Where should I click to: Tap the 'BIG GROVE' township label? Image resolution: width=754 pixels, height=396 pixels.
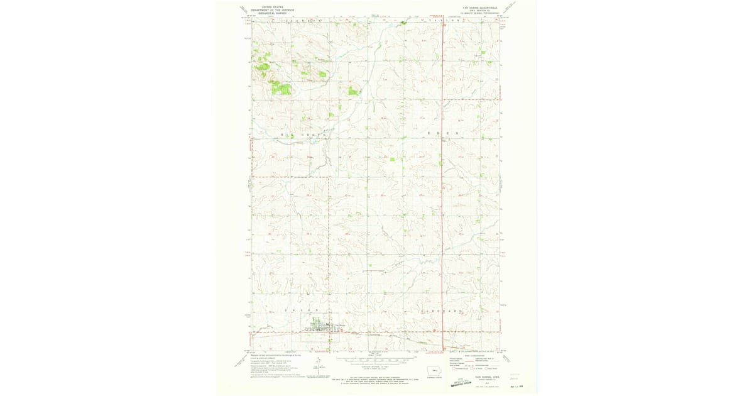click(304, 135)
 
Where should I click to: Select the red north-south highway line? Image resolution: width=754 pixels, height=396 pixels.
click(442, 189)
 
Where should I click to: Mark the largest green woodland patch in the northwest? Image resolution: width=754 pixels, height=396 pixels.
click(281, 89)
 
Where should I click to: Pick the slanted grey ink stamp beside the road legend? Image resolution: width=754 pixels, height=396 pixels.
click(465, 380)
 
